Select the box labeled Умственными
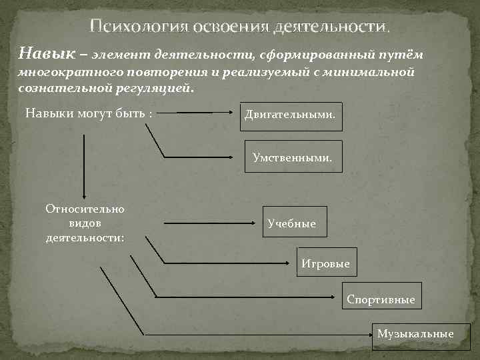[x=293, y=157]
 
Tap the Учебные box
[x=293, y=223]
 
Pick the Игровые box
[x=325, y=263]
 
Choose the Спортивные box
[x=381, y=299]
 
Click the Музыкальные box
[x=415, y=333]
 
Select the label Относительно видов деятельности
[x=85, y=222]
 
